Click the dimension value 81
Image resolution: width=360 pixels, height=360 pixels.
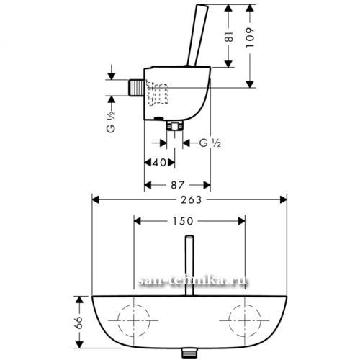(x=230, y=36)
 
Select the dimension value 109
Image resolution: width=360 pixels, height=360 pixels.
(x=250, y=37)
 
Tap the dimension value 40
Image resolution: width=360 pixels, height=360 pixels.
(x=160, y=163)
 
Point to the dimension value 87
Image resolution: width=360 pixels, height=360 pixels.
(x=177, y=185)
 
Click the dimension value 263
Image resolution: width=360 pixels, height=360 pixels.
(x=192, y=199)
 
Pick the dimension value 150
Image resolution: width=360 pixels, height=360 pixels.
(x=183, y=221)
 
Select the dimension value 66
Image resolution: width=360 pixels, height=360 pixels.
(x=78, y=323)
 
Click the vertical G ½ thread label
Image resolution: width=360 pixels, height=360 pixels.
(x=111, y=122)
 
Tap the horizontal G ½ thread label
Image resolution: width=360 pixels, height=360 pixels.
(x=210, y=143)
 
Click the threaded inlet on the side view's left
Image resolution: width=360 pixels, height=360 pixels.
(x=136, y=88)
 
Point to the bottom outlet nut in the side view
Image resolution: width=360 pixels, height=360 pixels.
(x=175, y=125)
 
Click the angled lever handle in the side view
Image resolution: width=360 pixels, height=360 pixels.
(x=198, y=35)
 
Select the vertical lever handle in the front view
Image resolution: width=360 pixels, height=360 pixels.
(x=189, y=266)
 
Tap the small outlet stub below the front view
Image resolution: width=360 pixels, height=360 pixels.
(x=189, y=353)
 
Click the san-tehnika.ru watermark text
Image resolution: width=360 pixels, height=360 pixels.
(x=193, y=282)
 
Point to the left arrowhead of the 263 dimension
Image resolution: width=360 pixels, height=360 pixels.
(x=96, y=199)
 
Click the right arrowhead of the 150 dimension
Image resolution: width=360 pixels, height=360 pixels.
(x=241, y=221)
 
